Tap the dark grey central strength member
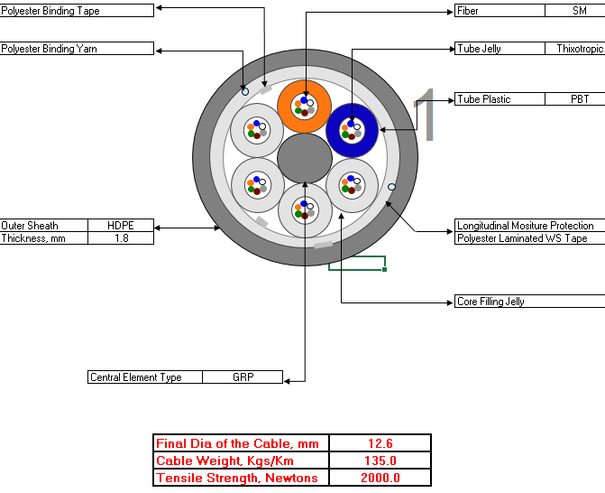pyautogui.click(x=305, y=158)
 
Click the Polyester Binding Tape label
pyautogui.click(x=50, y=11)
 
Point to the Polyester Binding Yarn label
pyautogui.click(x=49, y=49)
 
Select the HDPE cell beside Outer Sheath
pyautogui.click(x=121, y=225)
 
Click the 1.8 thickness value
pyautogui.click(x=121, y=238)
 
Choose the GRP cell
pyautogui.click(x=243, y=377)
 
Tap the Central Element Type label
pyautogui.click(x=136, y=377)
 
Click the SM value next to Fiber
pyautogui.click(x=580, y=11)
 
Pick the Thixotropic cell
pyautogui.click(x=580, y=49)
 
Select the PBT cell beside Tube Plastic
pyautogui.click(x=580, y=99)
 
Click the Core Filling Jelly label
pyautogui.click(x=490, y=302)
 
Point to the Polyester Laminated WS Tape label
pyautogui.click(x=522, y=238)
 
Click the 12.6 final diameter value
pyautogui.click(x=380, y=443)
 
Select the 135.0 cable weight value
pyautogui.click(x=380, y=460)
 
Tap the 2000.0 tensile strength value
pyautogui.click(x=380, y=478)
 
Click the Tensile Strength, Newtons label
pyautogui.click(x=237, y=478)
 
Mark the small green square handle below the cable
pyautogui.click(x=385, y=269)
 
